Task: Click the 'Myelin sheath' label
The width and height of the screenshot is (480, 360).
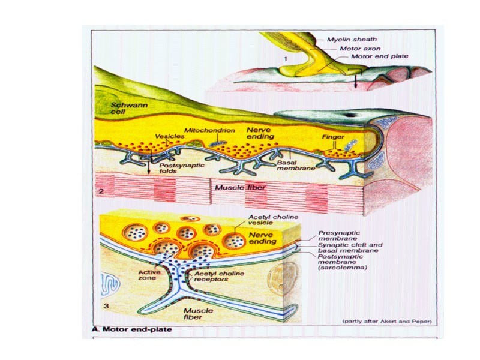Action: (x=352, y=39)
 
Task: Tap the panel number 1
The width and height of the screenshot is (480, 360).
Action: (x=286, y=59)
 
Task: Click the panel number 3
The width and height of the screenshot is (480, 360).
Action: (x=106, y=307)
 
